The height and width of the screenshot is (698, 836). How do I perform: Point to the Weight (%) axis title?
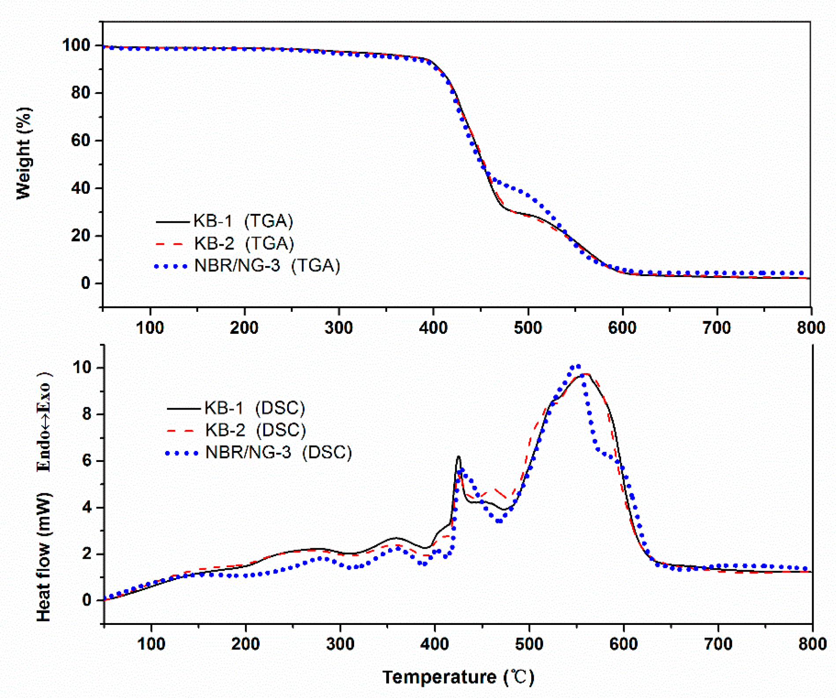[x=24, y=153]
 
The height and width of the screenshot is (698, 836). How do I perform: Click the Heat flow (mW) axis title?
[x=44, y=557]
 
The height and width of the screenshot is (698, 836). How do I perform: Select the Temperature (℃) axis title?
[x=458, y=677]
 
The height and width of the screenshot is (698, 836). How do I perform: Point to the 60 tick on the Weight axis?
[x=81, y=140]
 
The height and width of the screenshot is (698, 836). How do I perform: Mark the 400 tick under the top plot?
[x=433, y=328]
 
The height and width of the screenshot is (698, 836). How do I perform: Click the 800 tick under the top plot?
[x=811, y=328]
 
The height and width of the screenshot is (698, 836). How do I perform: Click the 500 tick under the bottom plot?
[x=529, y=644]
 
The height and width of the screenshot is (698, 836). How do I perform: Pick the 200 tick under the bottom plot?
[x=245, y=644]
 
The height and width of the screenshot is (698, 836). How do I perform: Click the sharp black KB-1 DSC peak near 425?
[x=459, y=457]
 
